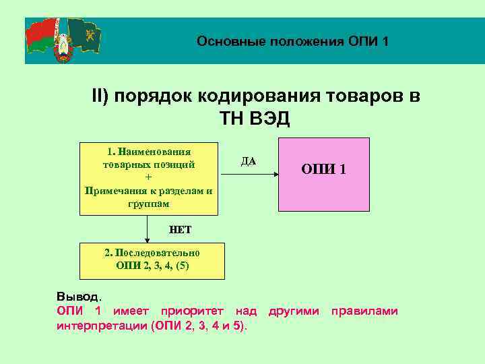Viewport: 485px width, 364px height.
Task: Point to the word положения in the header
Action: [x=307, y=42]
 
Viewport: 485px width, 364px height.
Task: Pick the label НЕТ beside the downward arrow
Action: [x=180, y=230]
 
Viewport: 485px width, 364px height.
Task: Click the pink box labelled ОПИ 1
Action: [x=324, y=175]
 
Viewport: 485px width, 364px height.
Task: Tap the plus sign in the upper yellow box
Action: [x=148, y=177]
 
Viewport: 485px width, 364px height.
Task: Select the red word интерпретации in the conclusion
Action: [x=102, y=326]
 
